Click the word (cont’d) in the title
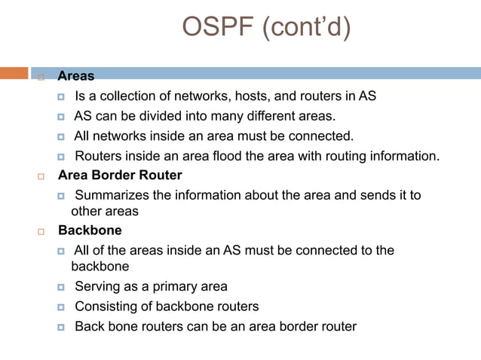[x=306, y=29]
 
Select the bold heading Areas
[x=76, y=76]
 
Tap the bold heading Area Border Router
[x=120, y=175]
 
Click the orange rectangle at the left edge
[x=14, y=73]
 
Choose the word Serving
[x=98, y=286]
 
